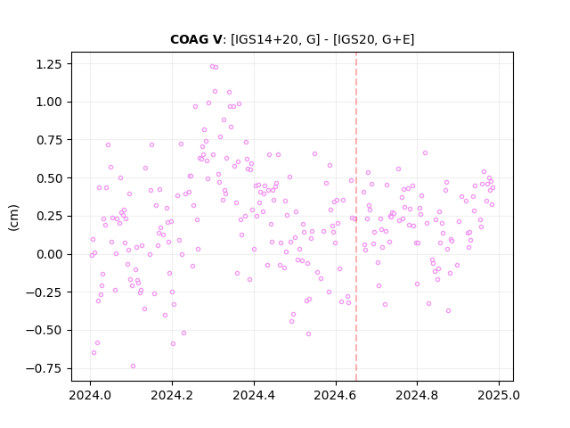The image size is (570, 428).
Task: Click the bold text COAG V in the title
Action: (196, 39)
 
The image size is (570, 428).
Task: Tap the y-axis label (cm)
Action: (14, 218)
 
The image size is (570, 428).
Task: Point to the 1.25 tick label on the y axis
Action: (49, 64)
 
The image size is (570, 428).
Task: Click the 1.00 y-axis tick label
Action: (49, 103)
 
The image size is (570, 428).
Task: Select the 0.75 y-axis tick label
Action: (49, 141)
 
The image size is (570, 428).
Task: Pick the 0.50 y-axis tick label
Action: (49, 178)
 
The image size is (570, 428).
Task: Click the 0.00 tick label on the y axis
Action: (49, 254)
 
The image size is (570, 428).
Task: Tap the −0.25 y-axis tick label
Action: (44, 292)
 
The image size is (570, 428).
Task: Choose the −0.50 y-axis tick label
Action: (44, 331)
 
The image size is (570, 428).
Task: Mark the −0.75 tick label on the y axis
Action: (44, 368)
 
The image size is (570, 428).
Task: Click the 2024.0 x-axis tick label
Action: (90, 395)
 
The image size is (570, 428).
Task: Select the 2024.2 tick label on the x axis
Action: (172, 395)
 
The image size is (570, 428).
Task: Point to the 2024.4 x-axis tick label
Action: (254, 395)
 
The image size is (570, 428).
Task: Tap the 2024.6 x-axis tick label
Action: (336, 395)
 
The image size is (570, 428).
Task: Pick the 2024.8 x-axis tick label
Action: (418, 395)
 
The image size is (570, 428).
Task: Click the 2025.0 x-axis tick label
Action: (499, 395)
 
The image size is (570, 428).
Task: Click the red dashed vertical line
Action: (356, 217)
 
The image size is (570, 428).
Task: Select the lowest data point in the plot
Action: (133, 366)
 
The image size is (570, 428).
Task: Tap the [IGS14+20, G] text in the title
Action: (275, 39)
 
